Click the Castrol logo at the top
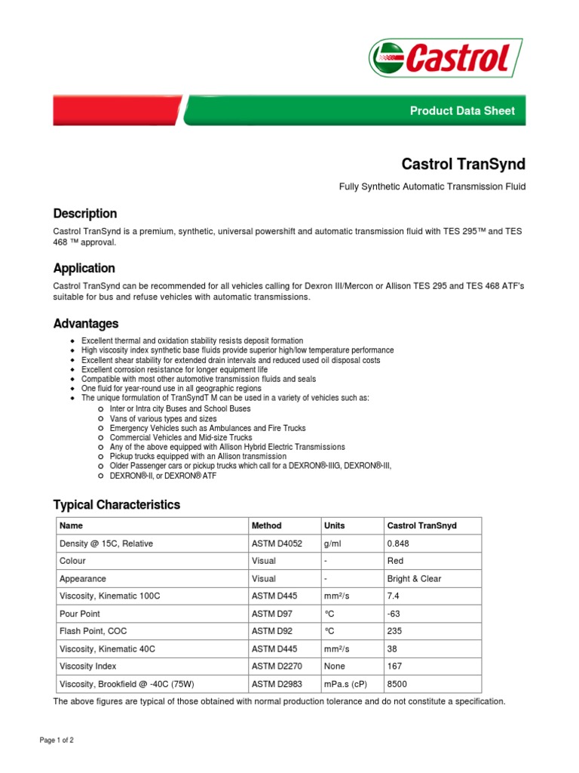pos(446,57)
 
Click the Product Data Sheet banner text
pos(462,111)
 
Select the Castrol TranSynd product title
pos(463,164)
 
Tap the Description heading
pos(84,214)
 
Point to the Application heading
pos(84,268)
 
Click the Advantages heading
pos(85,323)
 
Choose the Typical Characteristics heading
pos(116,504)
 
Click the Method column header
pos(267,525)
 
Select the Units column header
pos(334,525)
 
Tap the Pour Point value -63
pos(394,614)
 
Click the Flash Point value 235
pos(394,631)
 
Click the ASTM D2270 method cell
pos(276,667)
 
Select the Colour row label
pos(72,561)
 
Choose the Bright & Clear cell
pos(414,579)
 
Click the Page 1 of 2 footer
pos(57,741)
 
